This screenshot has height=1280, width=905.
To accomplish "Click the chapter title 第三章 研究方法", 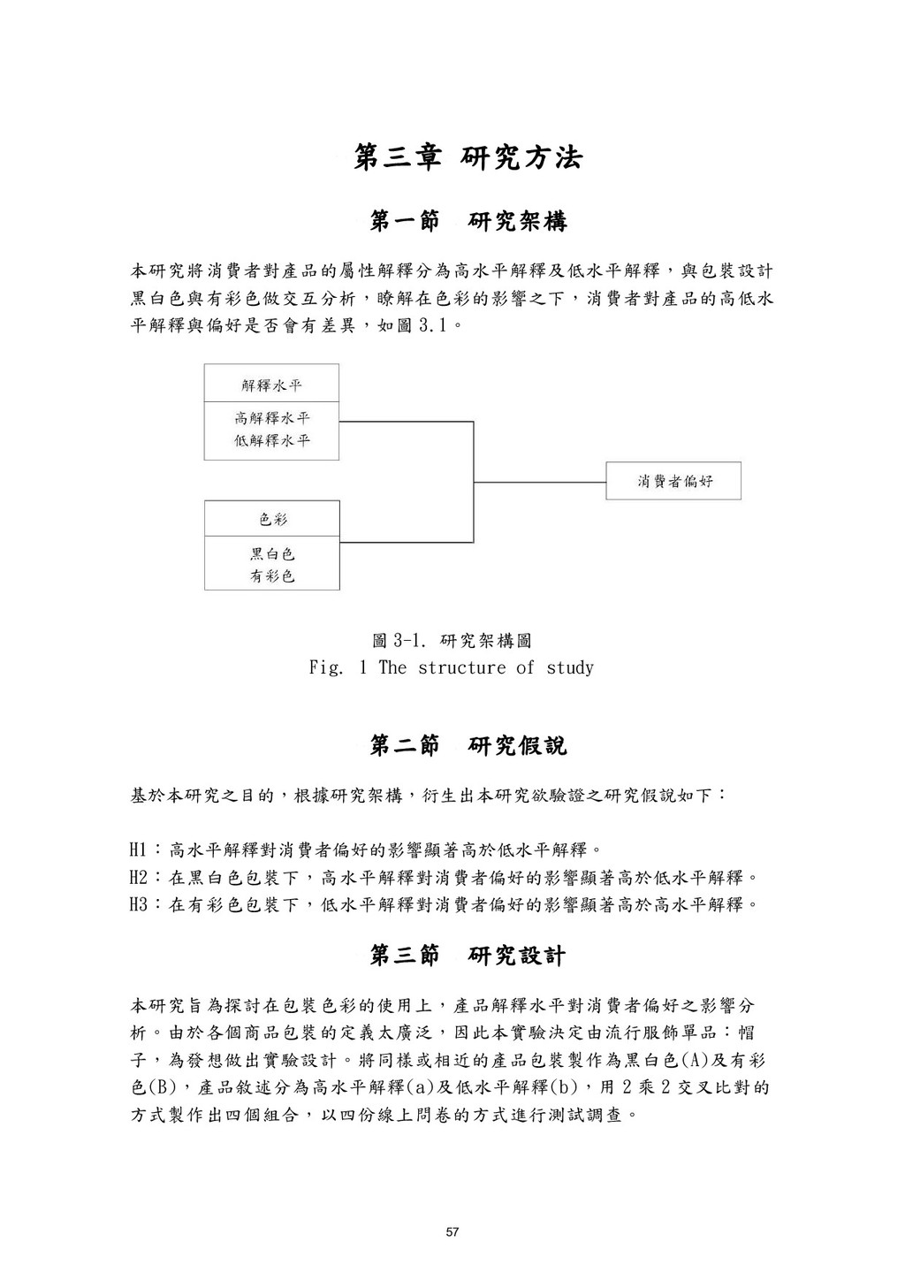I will (x=468, y=158).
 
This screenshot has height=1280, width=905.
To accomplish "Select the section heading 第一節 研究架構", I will (x=468, y=222).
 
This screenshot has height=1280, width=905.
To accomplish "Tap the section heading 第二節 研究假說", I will (x=468, y=746).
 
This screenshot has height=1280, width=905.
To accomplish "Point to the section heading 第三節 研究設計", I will (x=468, y=956).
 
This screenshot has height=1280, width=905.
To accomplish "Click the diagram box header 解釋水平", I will (x=272, y=385).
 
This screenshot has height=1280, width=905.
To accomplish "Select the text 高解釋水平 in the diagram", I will (x=272, y=418).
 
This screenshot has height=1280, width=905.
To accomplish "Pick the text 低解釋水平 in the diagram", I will (x=272, y=440).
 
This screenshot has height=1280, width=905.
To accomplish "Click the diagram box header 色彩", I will (x=272, y=520).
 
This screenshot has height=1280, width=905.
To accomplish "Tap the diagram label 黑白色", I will (x=272, y=554).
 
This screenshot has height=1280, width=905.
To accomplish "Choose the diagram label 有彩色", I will (x=272, y=576).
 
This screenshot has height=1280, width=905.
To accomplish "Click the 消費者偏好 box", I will (x=673, y=482).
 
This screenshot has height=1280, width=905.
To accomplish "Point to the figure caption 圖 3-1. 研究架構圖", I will (x=452, y=640).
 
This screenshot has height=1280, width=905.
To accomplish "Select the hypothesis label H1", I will (x=139, y=851).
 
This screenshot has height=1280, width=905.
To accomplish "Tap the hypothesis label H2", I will (x=139, y=878).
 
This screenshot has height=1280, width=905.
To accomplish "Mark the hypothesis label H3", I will (x=139, y=904).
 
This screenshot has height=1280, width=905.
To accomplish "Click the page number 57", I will (x=452, y=1232).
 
